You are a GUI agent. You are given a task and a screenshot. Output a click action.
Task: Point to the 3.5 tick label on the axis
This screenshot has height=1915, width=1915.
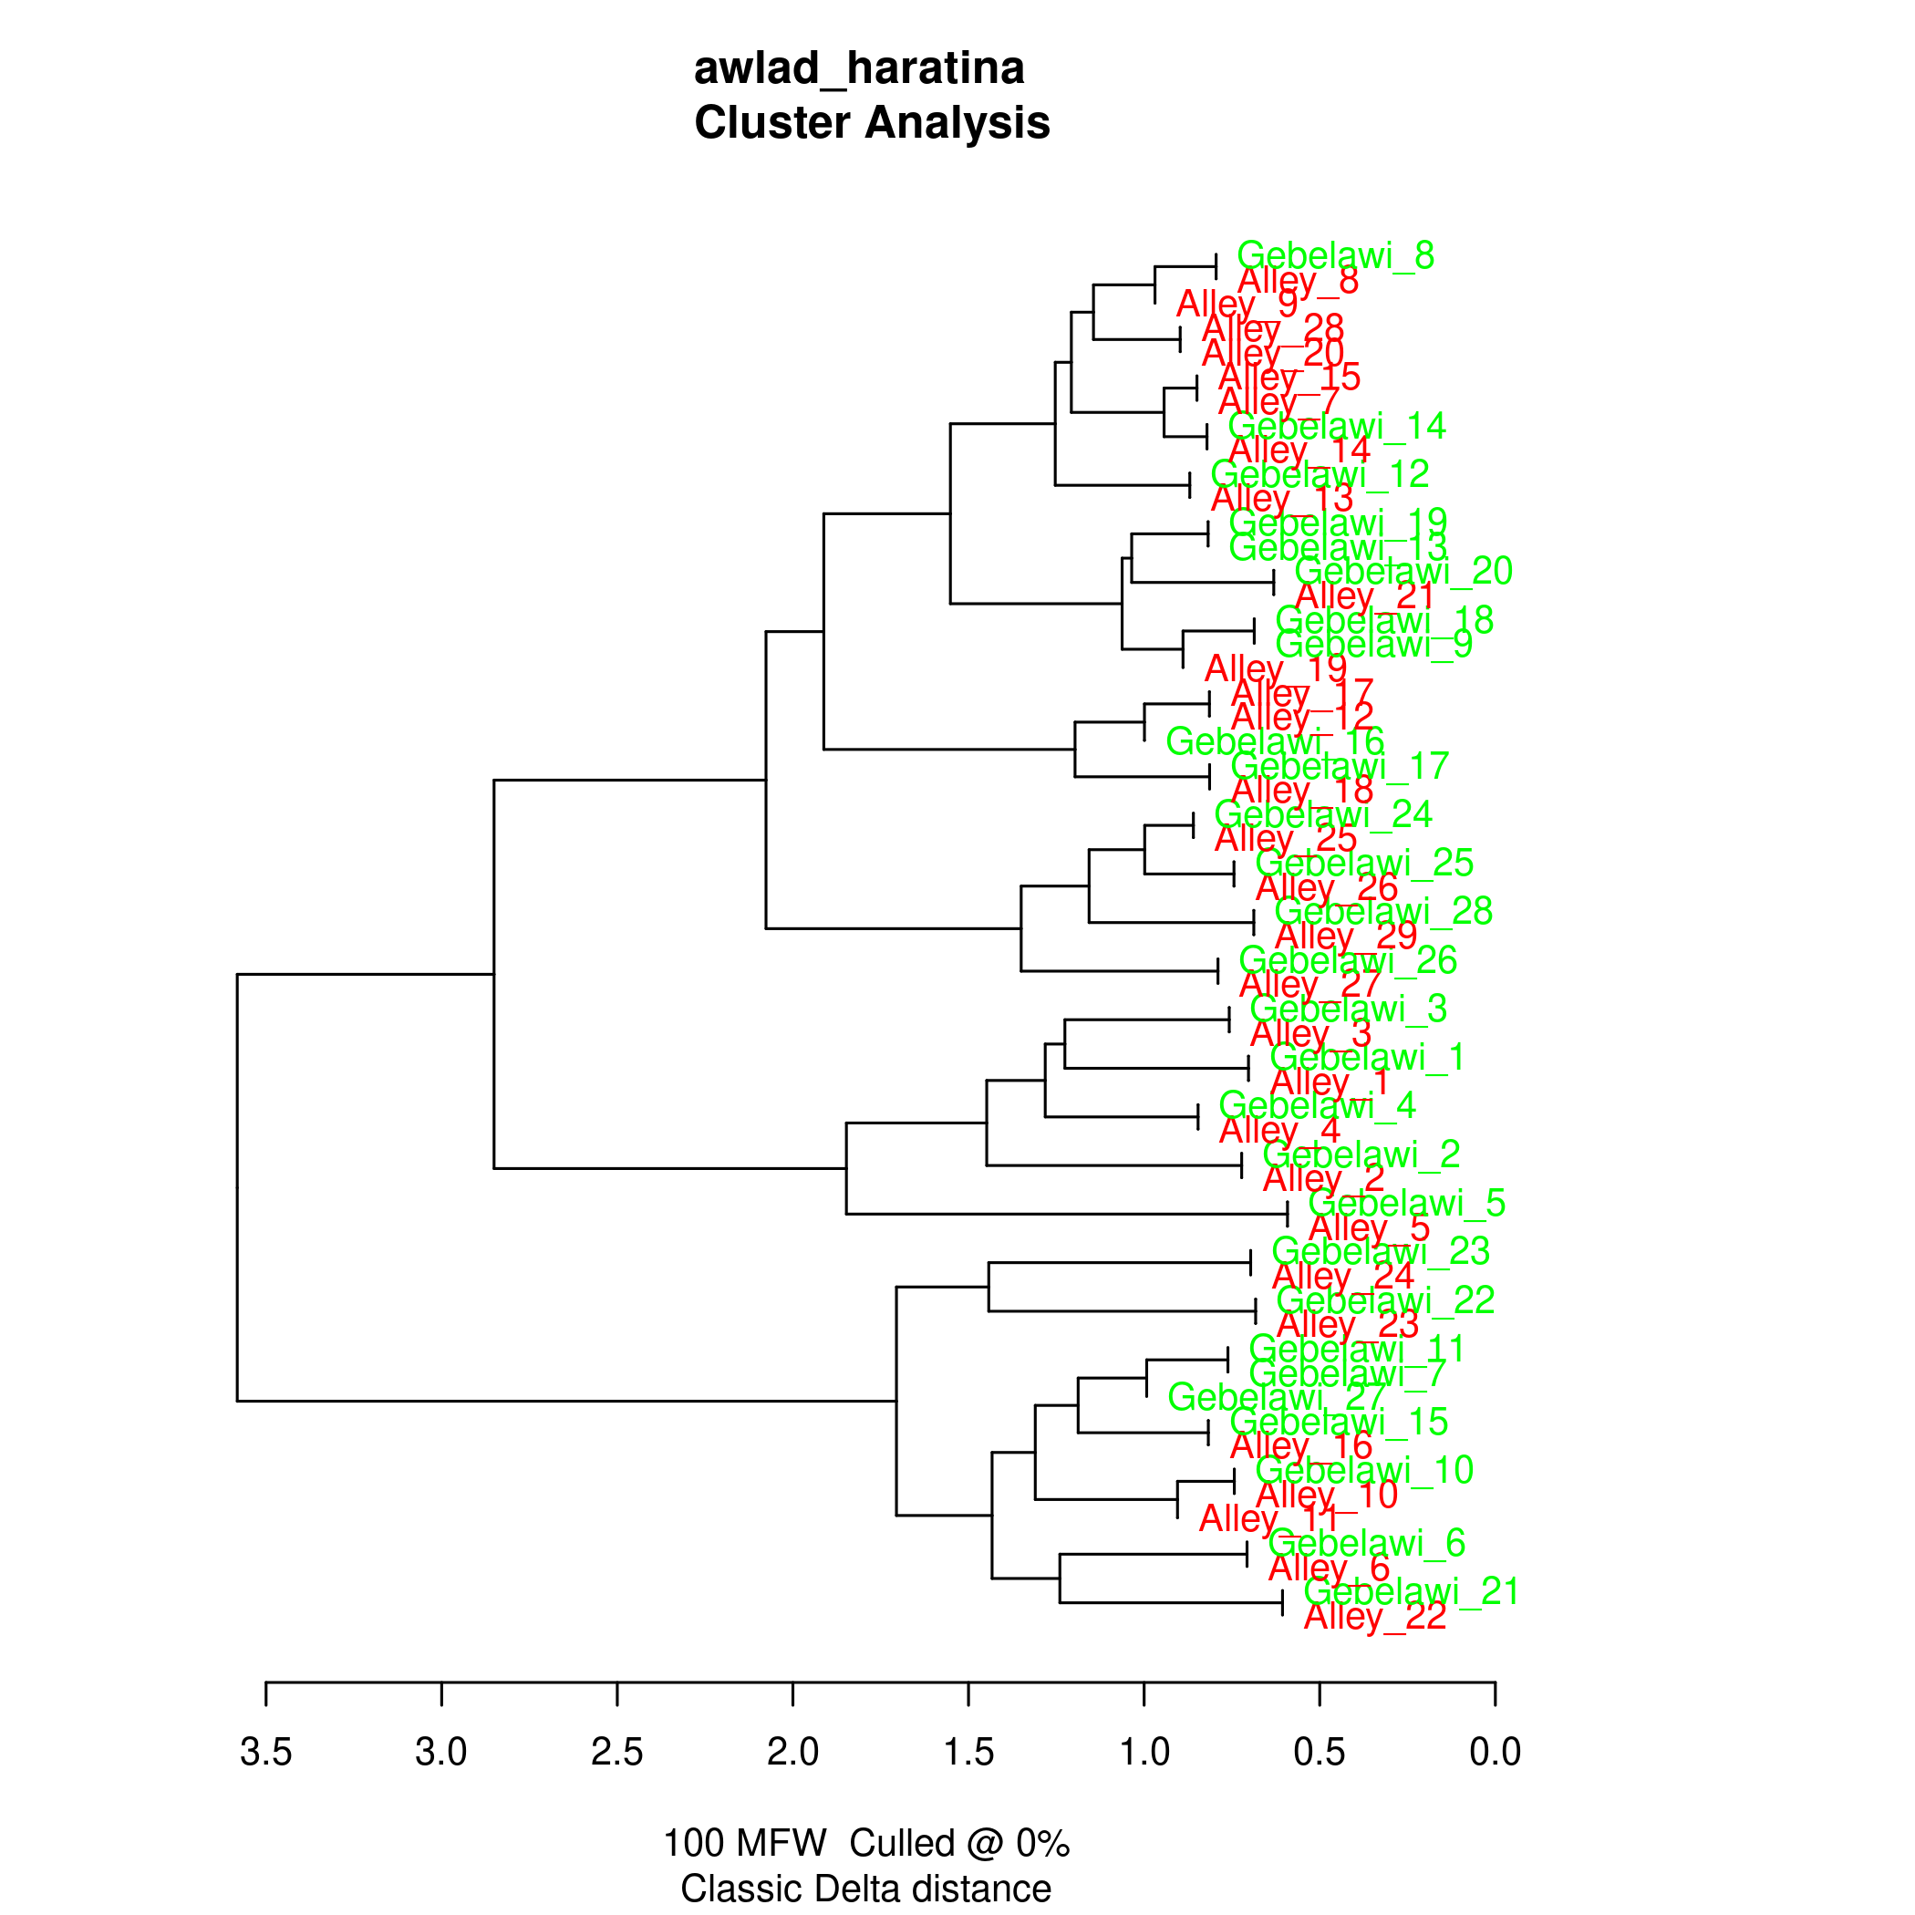tap(265, 1752)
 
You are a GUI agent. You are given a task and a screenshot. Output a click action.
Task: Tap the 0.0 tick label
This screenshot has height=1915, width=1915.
tap(1494, 1752)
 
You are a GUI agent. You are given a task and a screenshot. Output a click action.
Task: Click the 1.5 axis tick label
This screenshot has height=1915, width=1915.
tap(968, 1752)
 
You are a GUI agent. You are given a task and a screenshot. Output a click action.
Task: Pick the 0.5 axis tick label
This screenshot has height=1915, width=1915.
tap(1319, 1752)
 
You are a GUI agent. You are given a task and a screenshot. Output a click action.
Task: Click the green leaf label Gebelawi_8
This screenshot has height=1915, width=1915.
tap(1335, 255)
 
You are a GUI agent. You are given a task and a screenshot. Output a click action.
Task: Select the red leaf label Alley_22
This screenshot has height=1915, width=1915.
tap(1374, 1617)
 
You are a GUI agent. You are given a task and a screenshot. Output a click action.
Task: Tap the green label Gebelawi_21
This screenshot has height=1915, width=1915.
tap(1411, 1591)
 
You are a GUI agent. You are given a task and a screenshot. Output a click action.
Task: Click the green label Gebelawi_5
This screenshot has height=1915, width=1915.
tap(1406, 1204)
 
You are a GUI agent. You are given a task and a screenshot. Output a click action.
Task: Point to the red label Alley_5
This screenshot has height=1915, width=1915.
tap(1368, 1229)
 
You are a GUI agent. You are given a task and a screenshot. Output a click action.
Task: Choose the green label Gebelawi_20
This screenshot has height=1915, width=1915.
tap(1403, 571)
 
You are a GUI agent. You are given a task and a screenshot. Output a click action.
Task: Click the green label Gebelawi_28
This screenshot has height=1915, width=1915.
tap(1382, 911)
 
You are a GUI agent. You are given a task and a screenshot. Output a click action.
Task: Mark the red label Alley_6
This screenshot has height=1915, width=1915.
tap(1329, 1568)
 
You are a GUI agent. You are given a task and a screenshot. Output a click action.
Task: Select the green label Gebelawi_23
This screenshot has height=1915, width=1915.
tap(1380, 1252)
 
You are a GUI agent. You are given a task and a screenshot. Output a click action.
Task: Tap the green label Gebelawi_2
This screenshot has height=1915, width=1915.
tap(1361, 1154)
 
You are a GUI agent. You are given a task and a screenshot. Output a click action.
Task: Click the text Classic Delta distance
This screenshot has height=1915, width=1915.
tap(865, 1889)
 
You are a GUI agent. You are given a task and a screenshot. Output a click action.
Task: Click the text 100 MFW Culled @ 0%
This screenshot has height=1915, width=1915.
tap(865, 1843)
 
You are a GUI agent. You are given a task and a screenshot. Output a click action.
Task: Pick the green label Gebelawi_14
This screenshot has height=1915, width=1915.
tap(1336, 426)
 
